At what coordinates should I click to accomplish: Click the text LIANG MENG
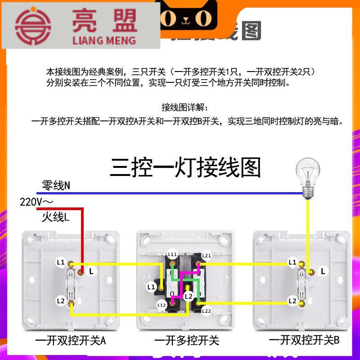click(x=103, y=40)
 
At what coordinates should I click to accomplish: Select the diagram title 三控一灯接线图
click(x=185, y=167)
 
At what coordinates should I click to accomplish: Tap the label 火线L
click(x=56, y=218)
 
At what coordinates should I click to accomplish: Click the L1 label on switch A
click(x=60, y=262)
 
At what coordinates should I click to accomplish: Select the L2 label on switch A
click(x=60, y=301)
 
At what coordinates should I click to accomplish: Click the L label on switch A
click(x=91, y=271)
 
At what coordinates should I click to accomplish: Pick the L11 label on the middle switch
click(x=172, y=254)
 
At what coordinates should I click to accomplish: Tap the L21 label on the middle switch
click(x=207, y=256)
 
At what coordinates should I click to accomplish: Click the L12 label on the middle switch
click(x=162, y=305)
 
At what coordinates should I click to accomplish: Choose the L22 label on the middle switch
click(x=207, y=311)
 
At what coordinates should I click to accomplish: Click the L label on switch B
click(x=323, y=271)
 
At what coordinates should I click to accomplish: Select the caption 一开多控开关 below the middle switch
click(x=186, y=341)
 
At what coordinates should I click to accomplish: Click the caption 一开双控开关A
click(x=71, y=341)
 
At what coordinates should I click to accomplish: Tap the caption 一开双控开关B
click(x=304, y=341)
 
